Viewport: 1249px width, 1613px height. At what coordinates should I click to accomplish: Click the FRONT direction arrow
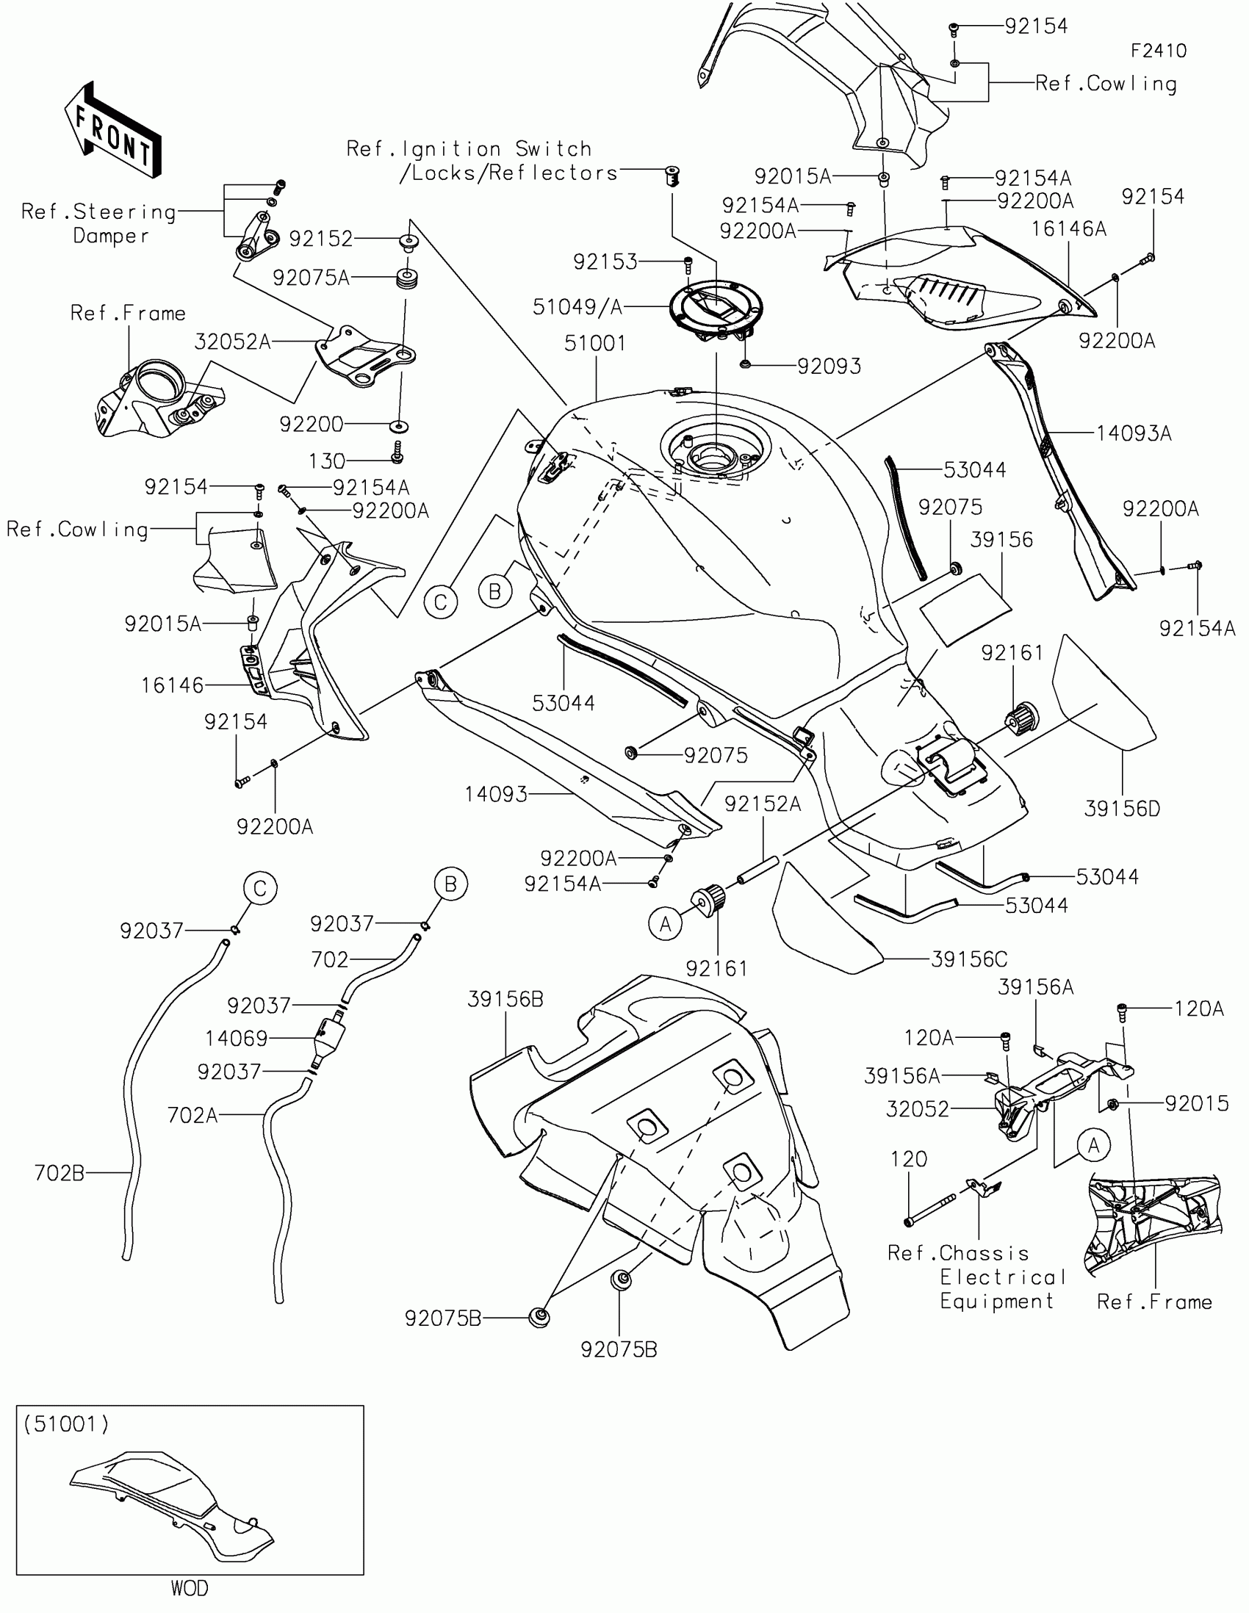coord(113,131)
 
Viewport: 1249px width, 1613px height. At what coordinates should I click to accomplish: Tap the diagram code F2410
coord(1159,51)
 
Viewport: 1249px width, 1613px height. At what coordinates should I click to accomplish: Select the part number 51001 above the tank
coord(594,344)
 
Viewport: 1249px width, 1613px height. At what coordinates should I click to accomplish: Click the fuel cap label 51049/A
coord(577,307)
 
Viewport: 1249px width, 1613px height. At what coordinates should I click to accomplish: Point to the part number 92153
coord(605,262)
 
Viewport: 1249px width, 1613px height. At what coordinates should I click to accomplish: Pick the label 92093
coord(829,367)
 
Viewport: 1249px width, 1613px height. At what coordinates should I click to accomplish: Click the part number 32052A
coord(233,342)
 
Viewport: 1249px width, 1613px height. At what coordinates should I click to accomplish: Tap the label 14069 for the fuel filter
coord(237,1039)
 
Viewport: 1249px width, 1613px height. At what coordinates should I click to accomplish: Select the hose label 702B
coord(59,1173)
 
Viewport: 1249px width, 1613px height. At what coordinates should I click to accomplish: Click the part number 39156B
coord(505,999)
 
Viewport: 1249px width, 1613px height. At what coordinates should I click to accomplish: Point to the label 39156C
coord(969,959)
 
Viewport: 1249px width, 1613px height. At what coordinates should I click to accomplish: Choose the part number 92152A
coord(762,804)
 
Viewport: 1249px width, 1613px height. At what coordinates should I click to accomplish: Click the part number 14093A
coord(1134,433)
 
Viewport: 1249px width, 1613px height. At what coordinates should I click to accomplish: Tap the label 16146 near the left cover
coord(172,685)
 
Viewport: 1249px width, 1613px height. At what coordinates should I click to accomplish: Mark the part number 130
coord(326,461)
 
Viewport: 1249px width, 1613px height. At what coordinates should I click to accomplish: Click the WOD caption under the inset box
coord(190,1589)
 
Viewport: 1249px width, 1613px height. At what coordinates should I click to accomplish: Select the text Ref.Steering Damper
coord(99,224)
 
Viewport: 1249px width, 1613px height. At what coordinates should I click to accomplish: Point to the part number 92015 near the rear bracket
coord(1197,1103)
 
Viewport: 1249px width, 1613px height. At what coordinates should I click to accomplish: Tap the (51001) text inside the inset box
coord(65,1424)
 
